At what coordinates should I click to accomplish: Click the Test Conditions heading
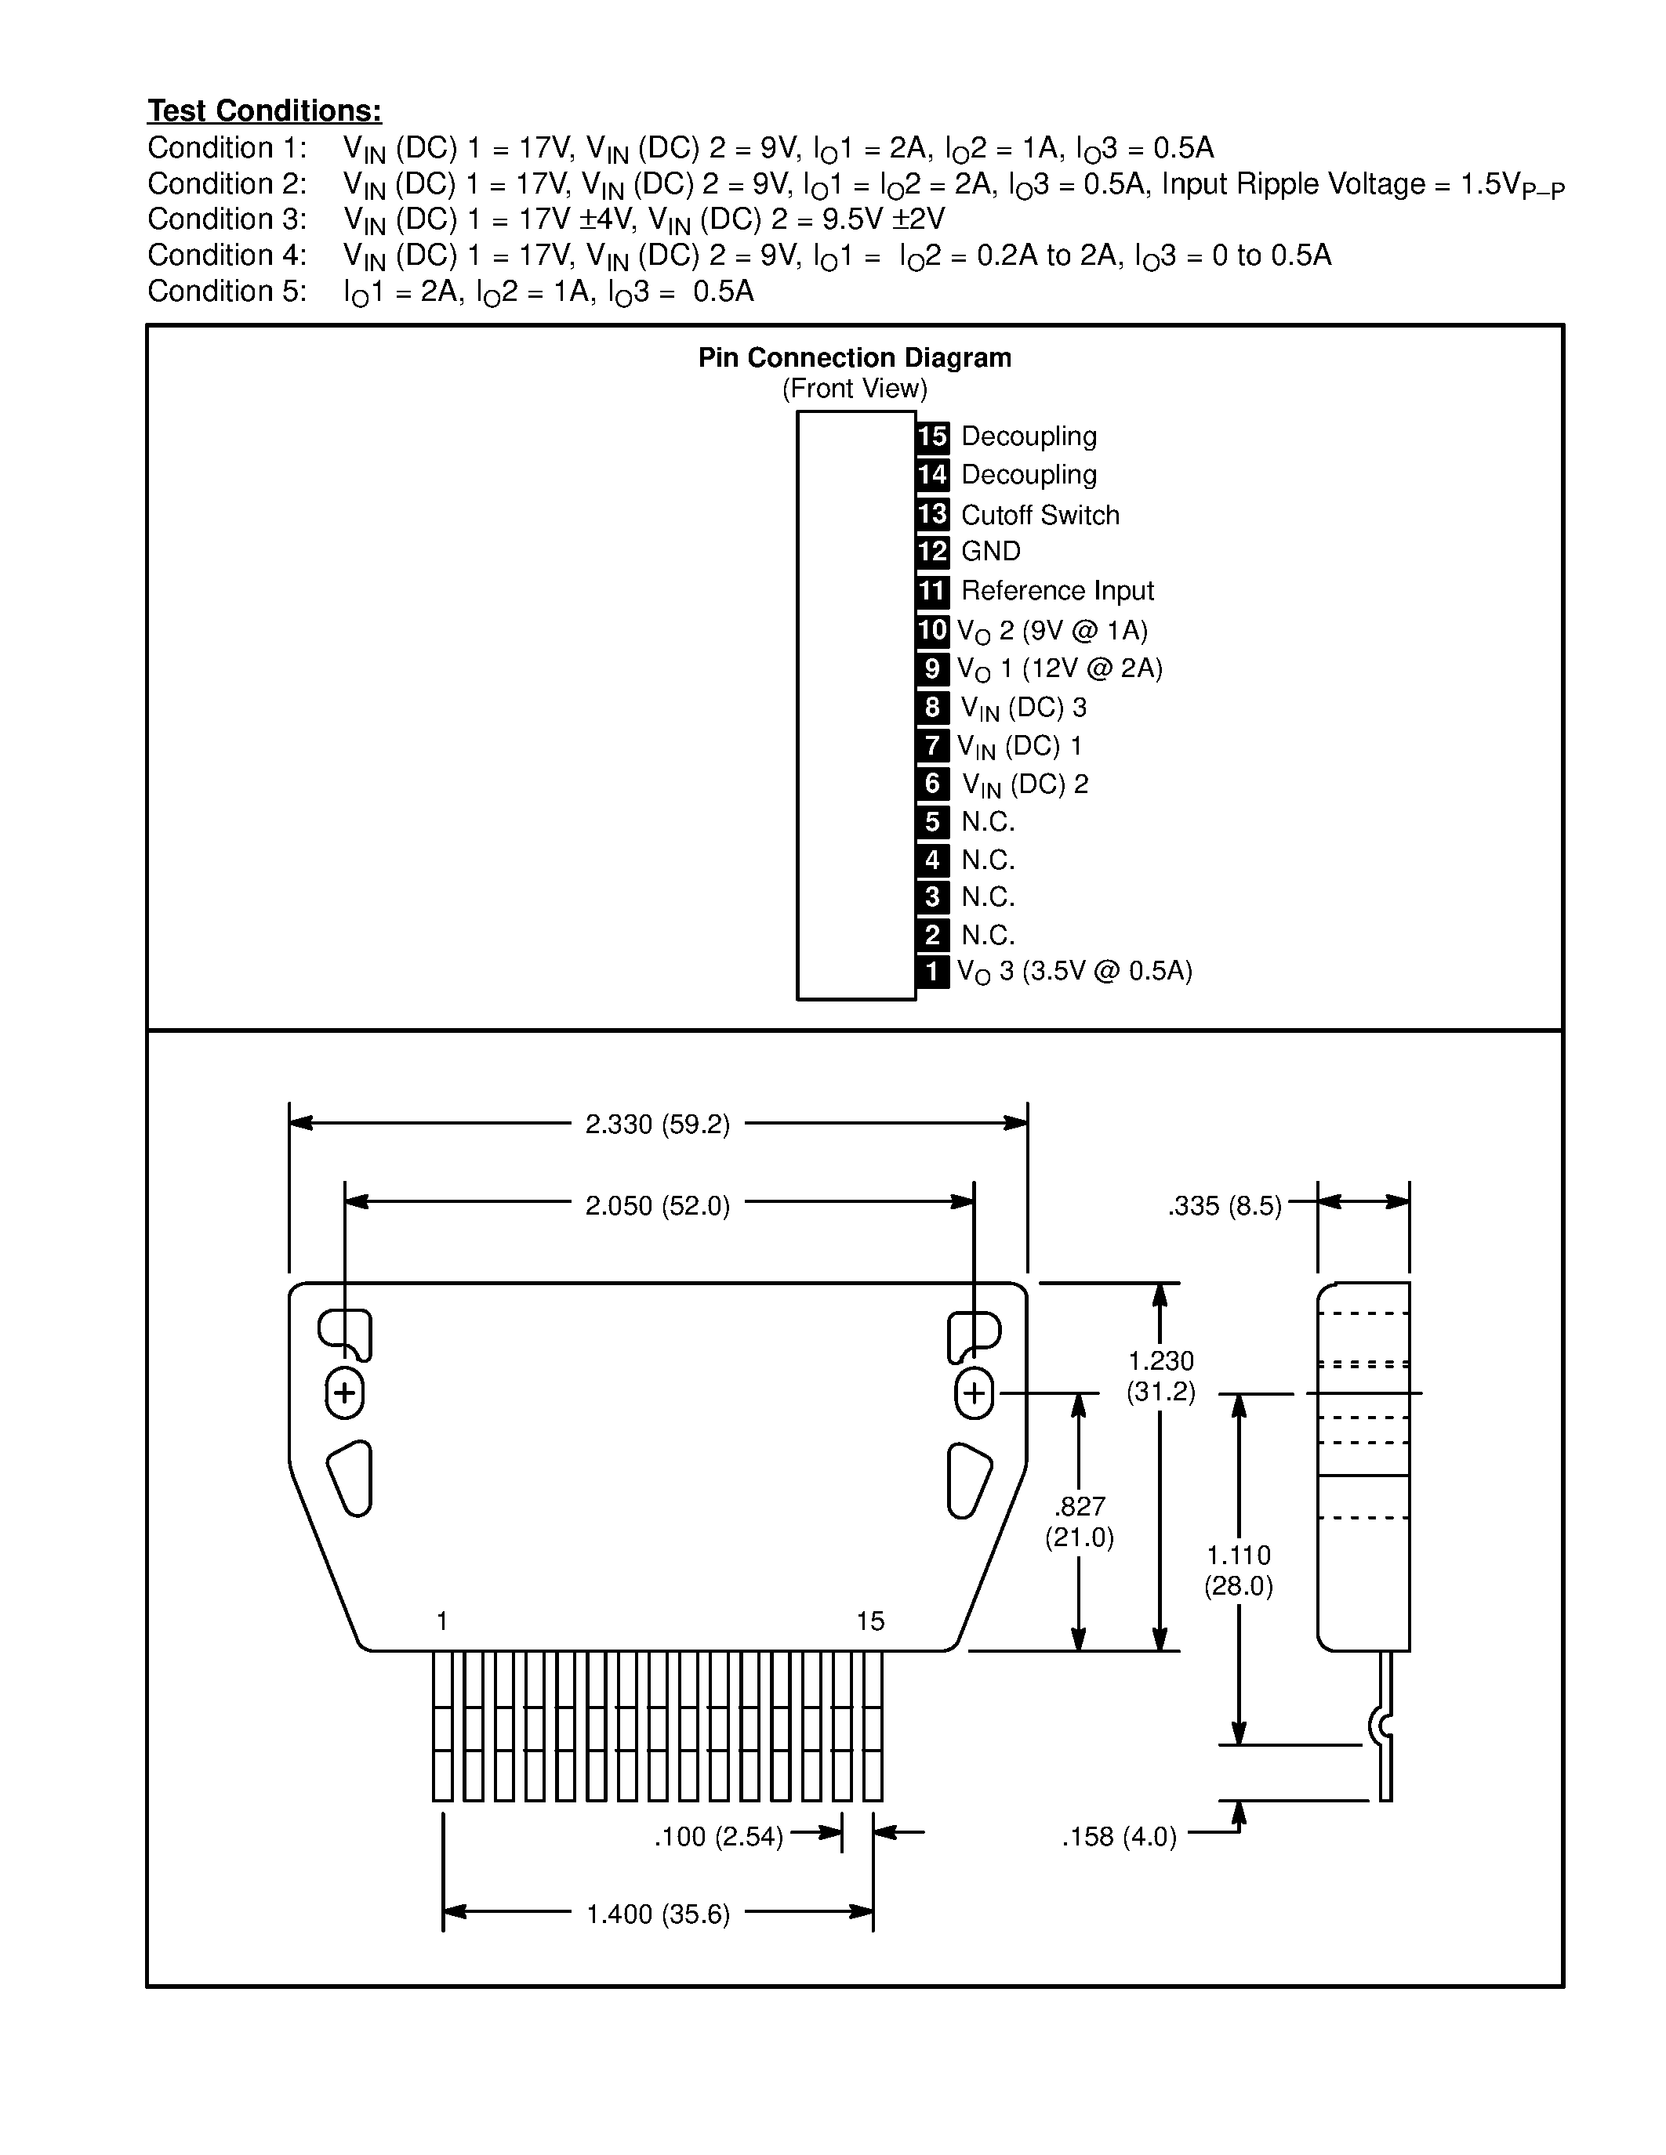tap(264, 110)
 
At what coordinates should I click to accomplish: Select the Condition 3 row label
tap(227, 219)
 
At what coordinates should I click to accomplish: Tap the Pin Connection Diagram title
tap(855, 357)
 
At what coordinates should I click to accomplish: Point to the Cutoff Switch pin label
tap(1040, 515)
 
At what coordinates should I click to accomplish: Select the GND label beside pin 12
tap(991, 552)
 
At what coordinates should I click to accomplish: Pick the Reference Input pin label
tap(1057, 591)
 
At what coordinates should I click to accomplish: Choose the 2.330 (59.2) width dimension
tap(657, 1125)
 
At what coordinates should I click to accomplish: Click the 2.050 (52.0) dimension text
tap(657, 1206)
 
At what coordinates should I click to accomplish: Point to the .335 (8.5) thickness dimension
tap(1224, 1206)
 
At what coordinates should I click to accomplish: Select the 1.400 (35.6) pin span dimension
tap(657, 1914)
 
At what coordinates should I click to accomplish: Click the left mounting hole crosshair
tap(344, 1393)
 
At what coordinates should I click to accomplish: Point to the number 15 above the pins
tap(870, 1621)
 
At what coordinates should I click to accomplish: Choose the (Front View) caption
tap(855, 389)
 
